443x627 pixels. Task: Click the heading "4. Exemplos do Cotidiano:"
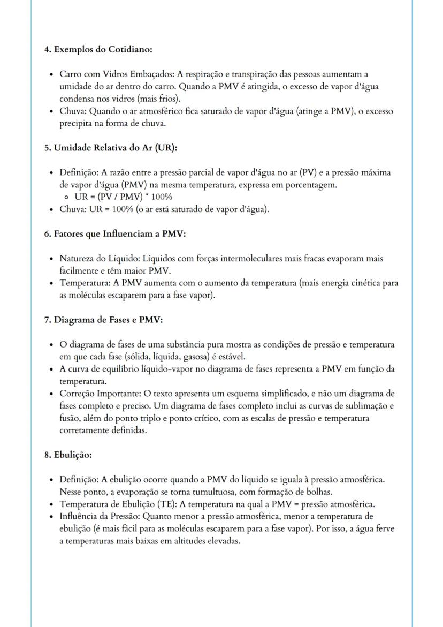(x=98, y=49)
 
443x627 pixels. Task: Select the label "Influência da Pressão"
(x=100, y=516)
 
